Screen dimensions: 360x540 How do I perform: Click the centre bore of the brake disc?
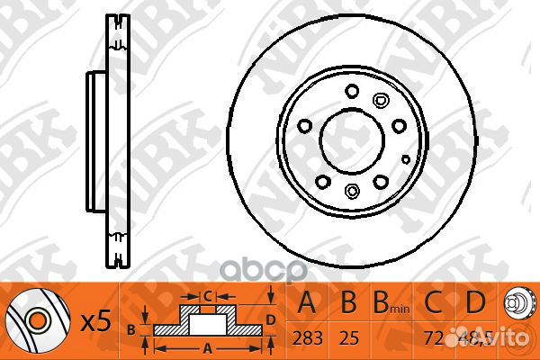pyautogui.click(x=352, y=138)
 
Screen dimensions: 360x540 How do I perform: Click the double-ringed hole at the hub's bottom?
pyautogui.click(x=352, y=190)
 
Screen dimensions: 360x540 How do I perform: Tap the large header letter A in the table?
pyautogui.click(x=308, y=302)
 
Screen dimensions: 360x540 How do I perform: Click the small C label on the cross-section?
pyautogui.click(x=206, y=295)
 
